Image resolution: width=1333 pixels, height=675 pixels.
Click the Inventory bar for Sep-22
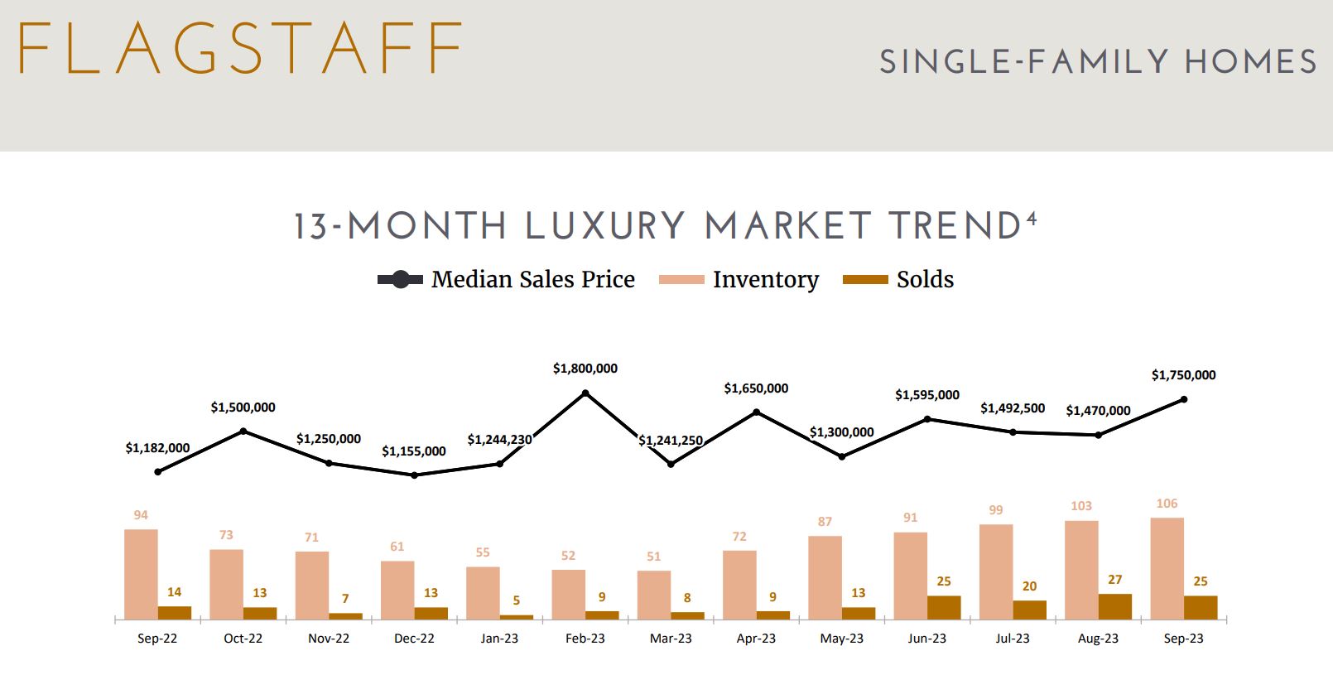click(x=141, y=574)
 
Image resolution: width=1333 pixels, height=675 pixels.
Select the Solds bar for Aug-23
click(x=1114, y=606)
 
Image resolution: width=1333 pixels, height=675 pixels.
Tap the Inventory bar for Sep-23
click(x=1167, y=568)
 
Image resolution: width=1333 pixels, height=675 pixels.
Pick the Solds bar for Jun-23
click(x=944, y=607)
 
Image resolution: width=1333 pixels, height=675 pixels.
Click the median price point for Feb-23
click(x=585, y=393)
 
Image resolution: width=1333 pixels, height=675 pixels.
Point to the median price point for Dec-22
click(x=414, y=475)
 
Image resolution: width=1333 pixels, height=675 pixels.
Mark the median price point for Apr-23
click(x=756, y=412)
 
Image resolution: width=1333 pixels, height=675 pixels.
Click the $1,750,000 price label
click(x=1183, y=375)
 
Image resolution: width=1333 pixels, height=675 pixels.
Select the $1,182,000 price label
click(x=157, y=448)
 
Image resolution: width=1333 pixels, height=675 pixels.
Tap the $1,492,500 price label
click(x=1013, y=408)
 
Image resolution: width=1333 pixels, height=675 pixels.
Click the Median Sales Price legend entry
click(x=507, y=280)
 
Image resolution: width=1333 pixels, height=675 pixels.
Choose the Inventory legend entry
click(x=739, y=280)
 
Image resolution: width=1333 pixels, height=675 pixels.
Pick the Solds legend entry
click(x=898, y=280)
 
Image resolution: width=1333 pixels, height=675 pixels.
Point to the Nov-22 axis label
click(x=329, y=639)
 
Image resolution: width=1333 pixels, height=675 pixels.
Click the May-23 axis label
click(x=841, y=639)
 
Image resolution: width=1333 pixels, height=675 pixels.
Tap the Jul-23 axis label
click(x=1013, y=639)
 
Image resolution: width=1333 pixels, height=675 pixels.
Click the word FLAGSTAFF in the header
click(x=240, y=50)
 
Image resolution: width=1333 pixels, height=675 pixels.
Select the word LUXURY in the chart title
click(x=605, y=227)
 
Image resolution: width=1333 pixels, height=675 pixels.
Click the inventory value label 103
click(x=1081, y=506)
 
